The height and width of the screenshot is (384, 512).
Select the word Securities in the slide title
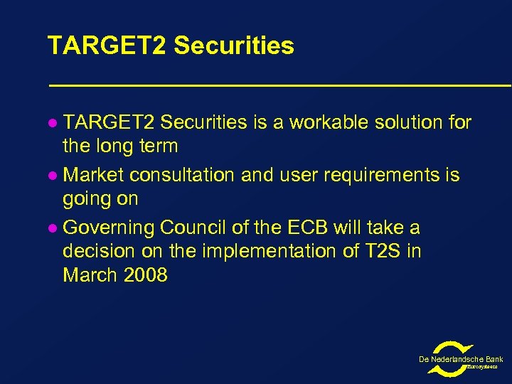pyautogui.click(x=233, y=46)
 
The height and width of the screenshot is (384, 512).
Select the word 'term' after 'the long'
pyautogui.click(x=158, y=147)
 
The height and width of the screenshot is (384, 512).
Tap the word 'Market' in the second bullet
pyautogui.click(x=93, y=175)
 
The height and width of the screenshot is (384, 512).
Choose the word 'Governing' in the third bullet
pyautogui.click(x=109, y=228)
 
